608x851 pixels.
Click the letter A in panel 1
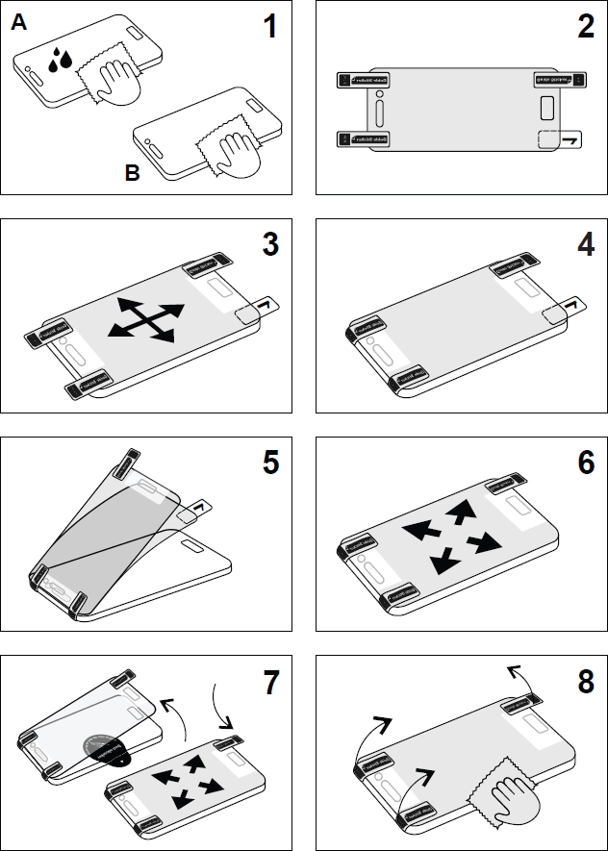(18, 24)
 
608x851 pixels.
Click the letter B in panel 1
(132, 174)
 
